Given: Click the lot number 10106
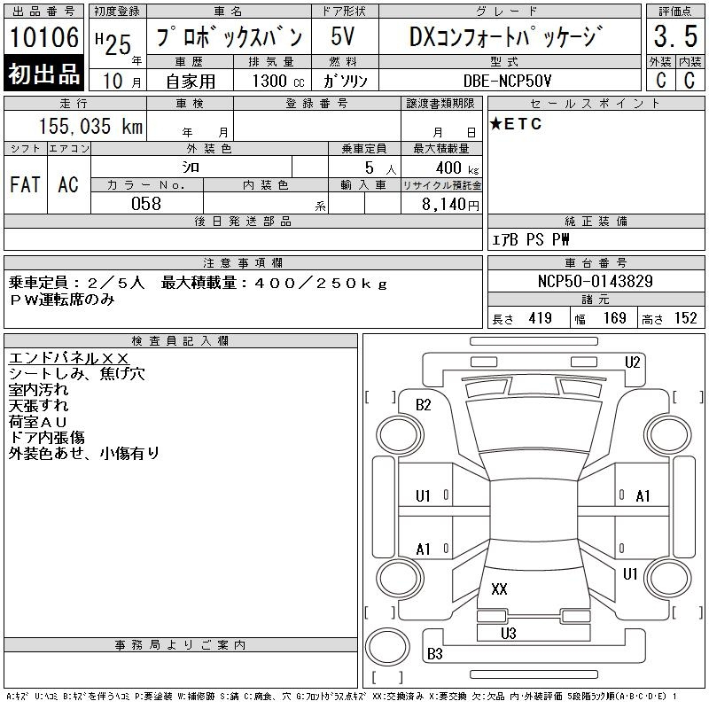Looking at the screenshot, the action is pyautogui.click(x=43, y=37).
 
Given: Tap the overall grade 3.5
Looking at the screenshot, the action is pyautogui.click(x=675, y=36).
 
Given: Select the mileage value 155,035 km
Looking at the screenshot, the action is pyautogui.click(x=90, y=126).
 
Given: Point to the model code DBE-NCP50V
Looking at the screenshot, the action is pyautogui.click(x=507, y=81).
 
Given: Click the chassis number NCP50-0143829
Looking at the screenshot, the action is pyautogui.click(x=595, y=281).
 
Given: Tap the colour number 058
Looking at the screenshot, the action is pyautogui.click(x=146, y=204).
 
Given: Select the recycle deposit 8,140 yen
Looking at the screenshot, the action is pyautogui.click(x=450, y=205).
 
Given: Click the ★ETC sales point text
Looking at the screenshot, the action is pyautogui.click(x=516, y=124).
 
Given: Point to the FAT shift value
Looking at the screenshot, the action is pyautogui.click(x=26, y=184).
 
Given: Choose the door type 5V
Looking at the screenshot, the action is pyautogui.click(x=343, y=36).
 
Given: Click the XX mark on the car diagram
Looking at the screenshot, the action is pyautogui.click(x=499, y=588).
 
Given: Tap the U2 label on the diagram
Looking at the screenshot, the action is pyautogui.click(x=632, y=362).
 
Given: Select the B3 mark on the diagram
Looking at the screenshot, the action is pyautogui.click(x=434, y=653).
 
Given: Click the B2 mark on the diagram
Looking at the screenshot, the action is pyautogui.click(x=424, y=405).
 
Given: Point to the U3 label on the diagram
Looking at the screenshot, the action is pyautogui.click(x=508, y=633).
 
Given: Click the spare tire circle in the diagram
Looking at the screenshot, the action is pyautogui.click(x=387, y=646).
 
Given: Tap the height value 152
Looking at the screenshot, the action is pyautogui.click(x=685, y=318).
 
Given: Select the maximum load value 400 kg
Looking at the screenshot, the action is pyautogui.click(x=457, y=168).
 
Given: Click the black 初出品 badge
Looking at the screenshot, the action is pyautogui.click(x=43, y=74).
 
